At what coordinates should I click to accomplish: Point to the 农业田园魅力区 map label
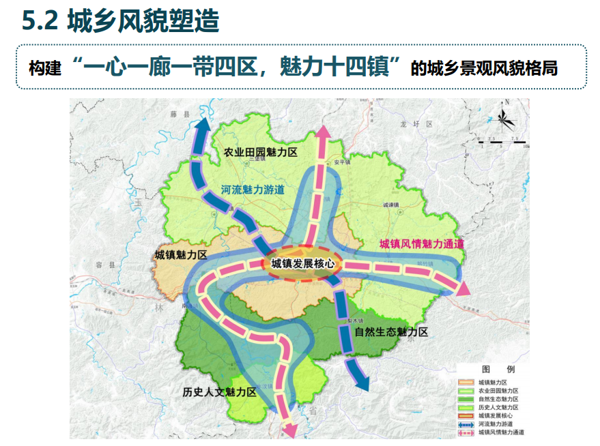pyautogui.click(x=260, y=152)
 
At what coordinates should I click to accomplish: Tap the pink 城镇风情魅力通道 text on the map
pyautogui.click(x=421, y=243)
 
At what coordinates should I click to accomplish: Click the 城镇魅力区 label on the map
pyautogui.click(x=181, y=254)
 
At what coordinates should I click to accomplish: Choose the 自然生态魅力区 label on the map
pyautogui.click(x=391, y=332)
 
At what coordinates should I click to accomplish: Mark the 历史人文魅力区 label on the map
pyautogui.click(x=219, y=391)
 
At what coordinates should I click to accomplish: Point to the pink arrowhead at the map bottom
pyautogui.click(x=289, y=430)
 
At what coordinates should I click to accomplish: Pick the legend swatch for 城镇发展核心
pyautogui.click(x=467, y=415)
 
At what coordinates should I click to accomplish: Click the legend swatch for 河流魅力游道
pyautogui.click(x=467, y=423)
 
